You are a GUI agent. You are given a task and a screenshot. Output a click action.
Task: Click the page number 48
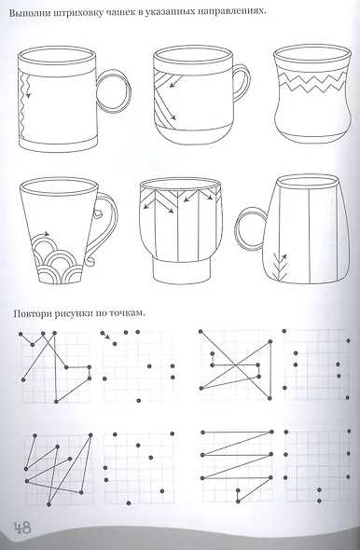tap(22, 528)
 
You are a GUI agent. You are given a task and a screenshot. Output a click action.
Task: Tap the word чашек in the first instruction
tap(120, 13)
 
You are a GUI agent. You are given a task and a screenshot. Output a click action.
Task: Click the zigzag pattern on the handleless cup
tap(311, 83)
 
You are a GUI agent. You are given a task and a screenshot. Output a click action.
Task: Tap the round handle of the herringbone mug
tap(250, 228)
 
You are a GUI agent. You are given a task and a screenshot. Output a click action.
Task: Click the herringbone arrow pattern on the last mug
tap(280, 266)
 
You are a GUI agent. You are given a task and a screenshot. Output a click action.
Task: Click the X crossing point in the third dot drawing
tap(236, 365)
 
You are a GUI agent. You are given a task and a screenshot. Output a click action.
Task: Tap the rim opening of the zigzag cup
tap(312, 55)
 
